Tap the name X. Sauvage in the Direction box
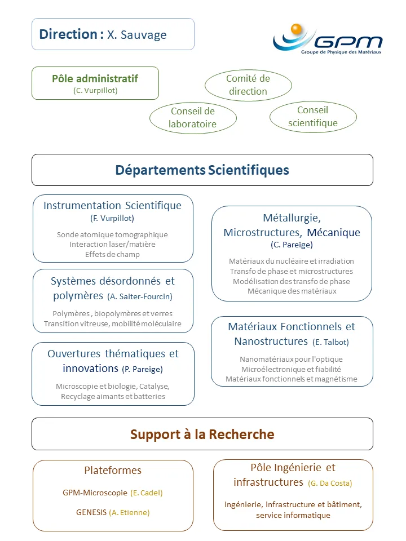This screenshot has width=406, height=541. [x=137, y=35]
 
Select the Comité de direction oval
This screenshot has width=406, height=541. [x=248, y=85]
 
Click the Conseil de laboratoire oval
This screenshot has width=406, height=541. [x=193, y=118]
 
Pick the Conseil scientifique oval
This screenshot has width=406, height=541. [x=313, y=117]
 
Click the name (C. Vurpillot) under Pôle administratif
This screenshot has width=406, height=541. [x=95, y=90]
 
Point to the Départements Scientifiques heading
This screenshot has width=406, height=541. [x=202, y=170]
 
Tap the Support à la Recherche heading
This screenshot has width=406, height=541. [x=202, y=434]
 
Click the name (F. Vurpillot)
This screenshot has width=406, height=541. [x=112, y=218]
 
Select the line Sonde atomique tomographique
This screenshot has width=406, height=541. [x=112, y=234]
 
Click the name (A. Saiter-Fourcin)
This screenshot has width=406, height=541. [x=140, y=296]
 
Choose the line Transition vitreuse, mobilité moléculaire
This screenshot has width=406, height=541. [x=113, y=323]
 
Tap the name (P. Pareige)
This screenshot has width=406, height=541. [x=142, y=369]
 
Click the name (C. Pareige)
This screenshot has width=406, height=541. [x=292, y=245]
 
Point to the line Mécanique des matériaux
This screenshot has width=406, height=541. [x=292, y=291]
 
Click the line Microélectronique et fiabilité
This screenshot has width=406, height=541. [x=292, y=369]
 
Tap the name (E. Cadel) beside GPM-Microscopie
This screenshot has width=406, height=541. [x=146, y=493]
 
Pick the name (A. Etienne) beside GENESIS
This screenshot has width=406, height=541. [x=129, y=512]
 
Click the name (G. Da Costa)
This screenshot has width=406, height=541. [x=330, y=483]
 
